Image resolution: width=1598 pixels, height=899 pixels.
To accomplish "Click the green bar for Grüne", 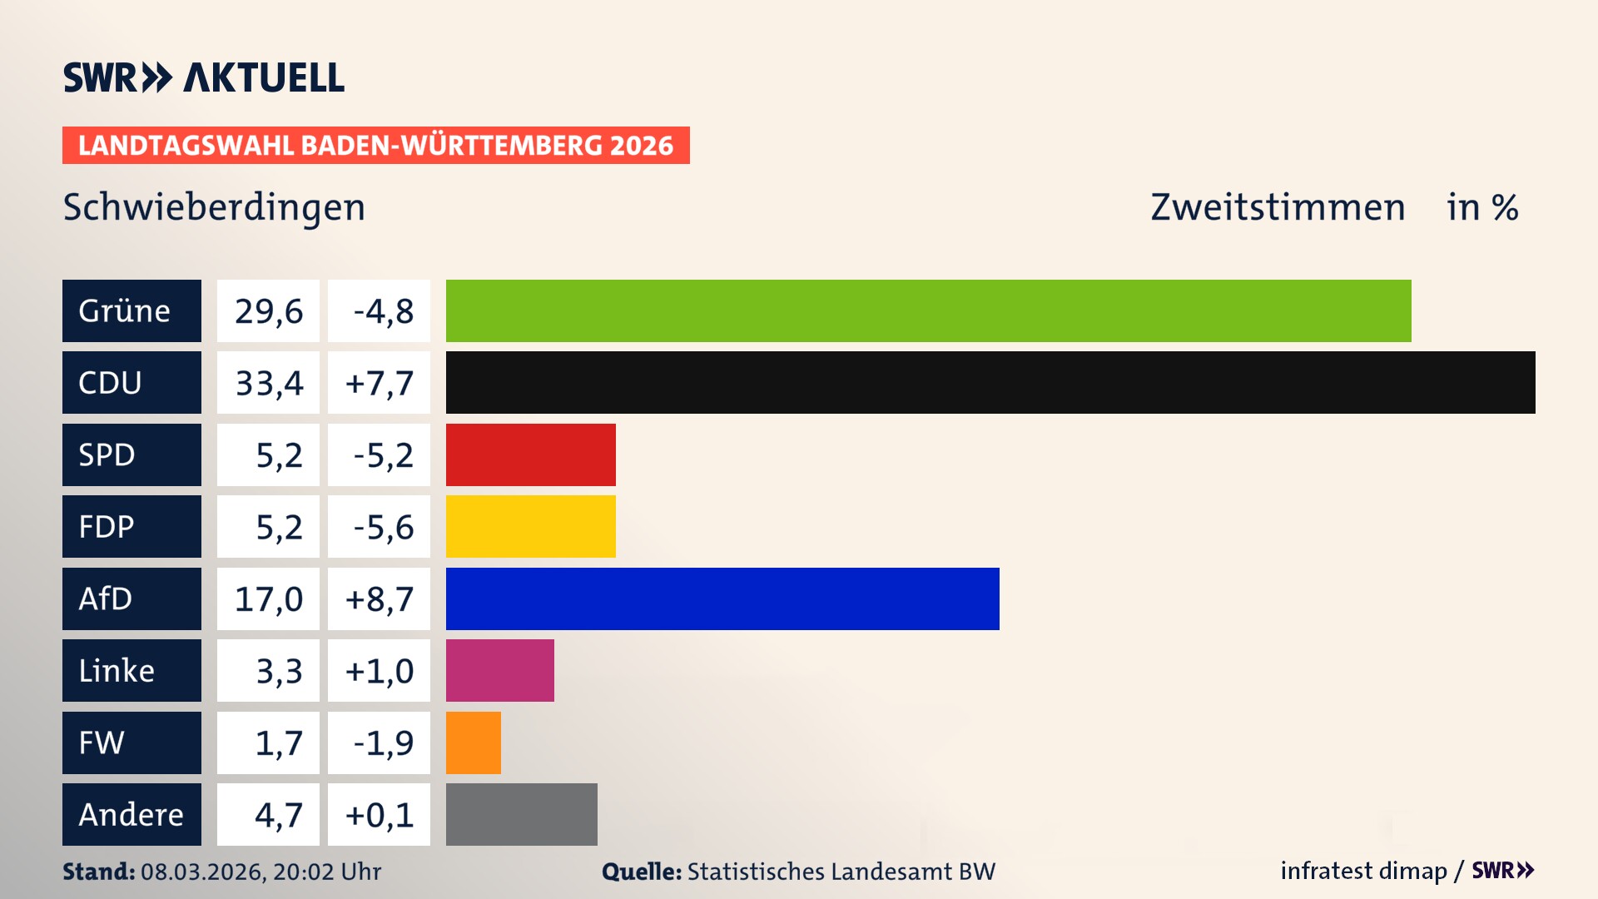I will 928,310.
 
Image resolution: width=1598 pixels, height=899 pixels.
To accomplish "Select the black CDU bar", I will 990,382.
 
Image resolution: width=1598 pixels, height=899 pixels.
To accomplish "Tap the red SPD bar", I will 530,454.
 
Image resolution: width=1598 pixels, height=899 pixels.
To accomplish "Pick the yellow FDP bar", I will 530,526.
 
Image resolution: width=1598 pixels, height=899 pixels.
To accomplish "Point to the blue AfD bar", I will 722,599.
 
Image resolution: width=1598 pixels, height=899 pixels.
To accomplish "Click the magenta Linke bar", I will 499,670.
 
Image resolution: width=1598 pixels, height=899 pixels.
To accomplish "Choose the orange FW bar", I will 473,743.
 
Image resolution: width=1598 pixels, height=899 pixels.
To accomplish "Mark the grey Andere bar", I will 521,814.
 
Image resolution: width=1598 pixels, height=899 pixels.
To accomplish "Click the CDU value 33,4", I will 268,383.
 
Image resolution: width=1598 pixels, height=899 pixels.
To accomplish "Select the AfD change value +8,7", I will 379,599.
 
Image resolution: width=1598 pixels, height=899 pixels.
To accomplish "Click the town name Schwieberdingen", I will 214,207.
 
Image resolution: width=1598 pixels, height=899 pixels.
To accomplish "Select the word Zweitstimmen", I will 1278,207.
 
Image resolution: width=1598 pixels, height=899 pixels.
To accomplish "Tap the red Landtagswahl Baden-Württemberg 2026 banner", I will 375,146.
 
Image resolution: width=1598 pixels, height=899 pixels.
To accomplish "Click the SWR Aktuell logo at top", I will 204,77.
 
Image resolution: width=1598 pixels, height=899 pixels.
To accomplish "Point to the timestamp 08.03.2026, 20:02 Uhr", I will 261,872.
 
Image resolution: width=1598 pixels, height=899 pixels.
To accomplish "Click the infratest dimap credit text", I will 1363,871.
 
